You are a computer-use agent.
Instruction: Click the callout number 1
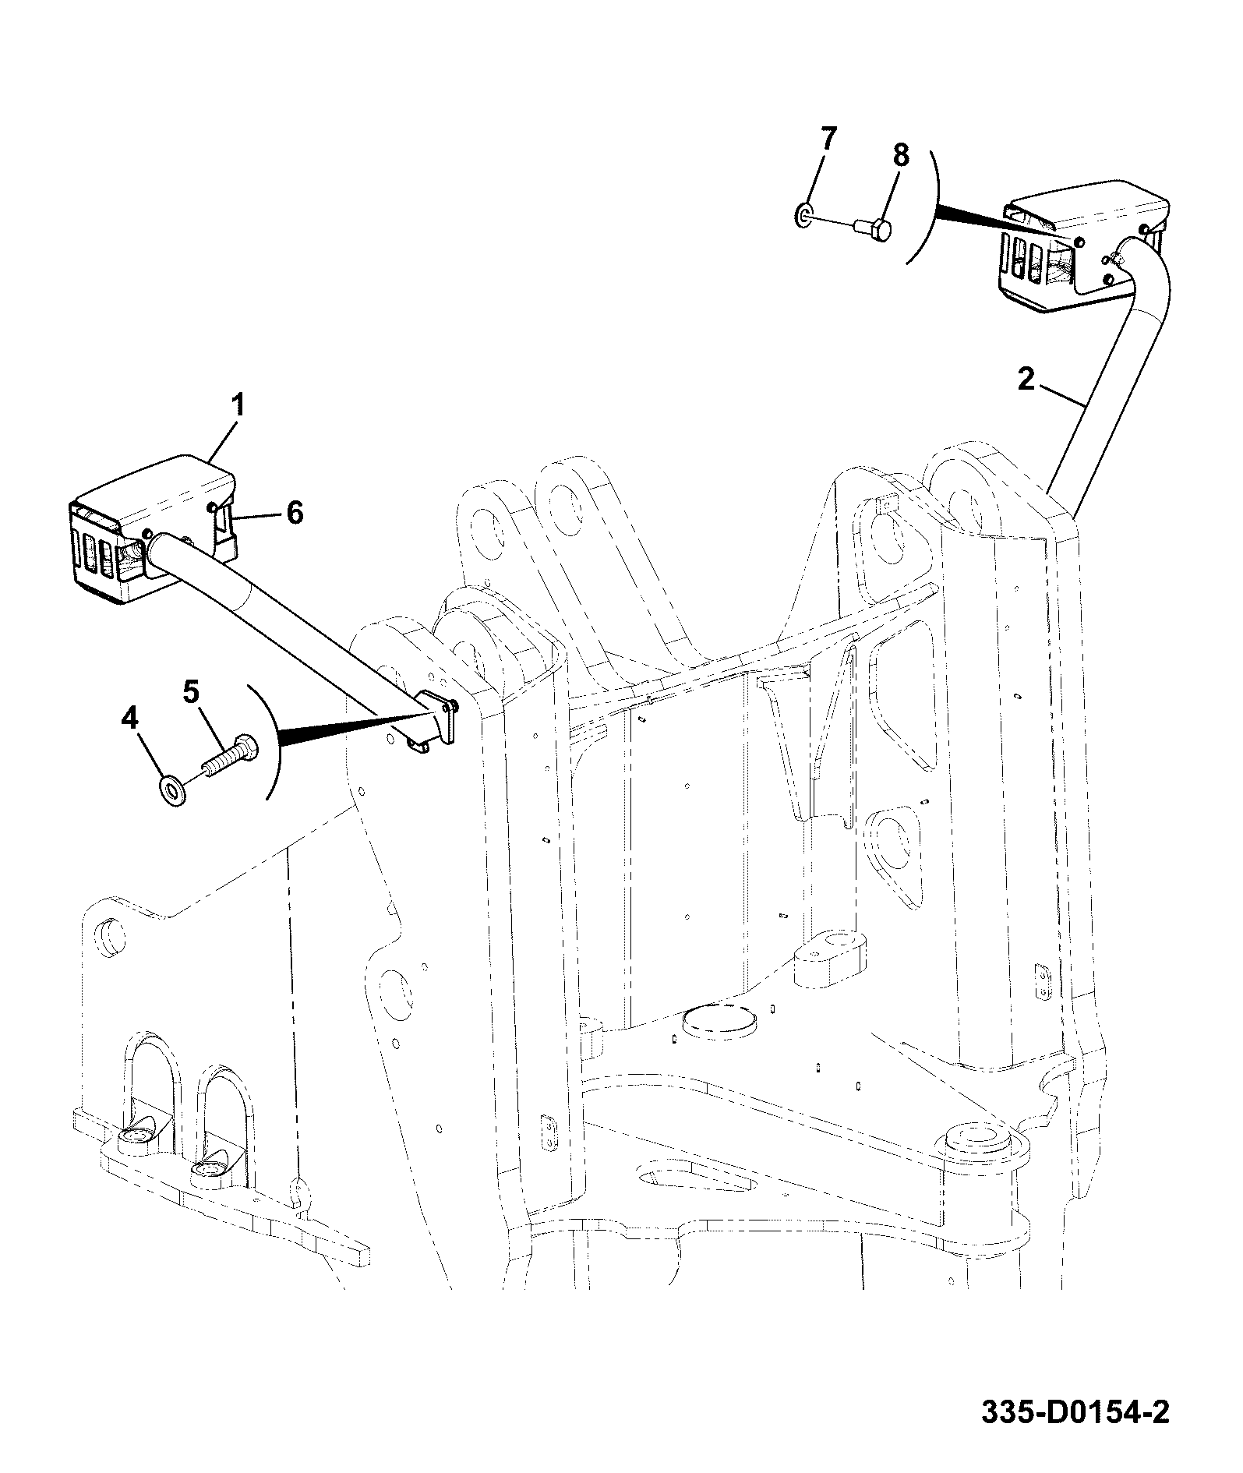pyautogui.click(x=238, y=407)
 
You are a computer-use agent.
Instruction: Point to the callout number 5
pyautogui.click(x=191, y=691)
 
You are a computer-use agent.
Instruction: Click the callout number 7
pyautogui.click(x=828, y=140)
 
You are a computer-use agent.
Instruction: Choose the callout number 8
pyautogui.click(x=900, y=156)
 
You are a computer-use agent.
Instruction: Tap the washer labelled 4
pyautogui.click(x=171, y=790)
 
